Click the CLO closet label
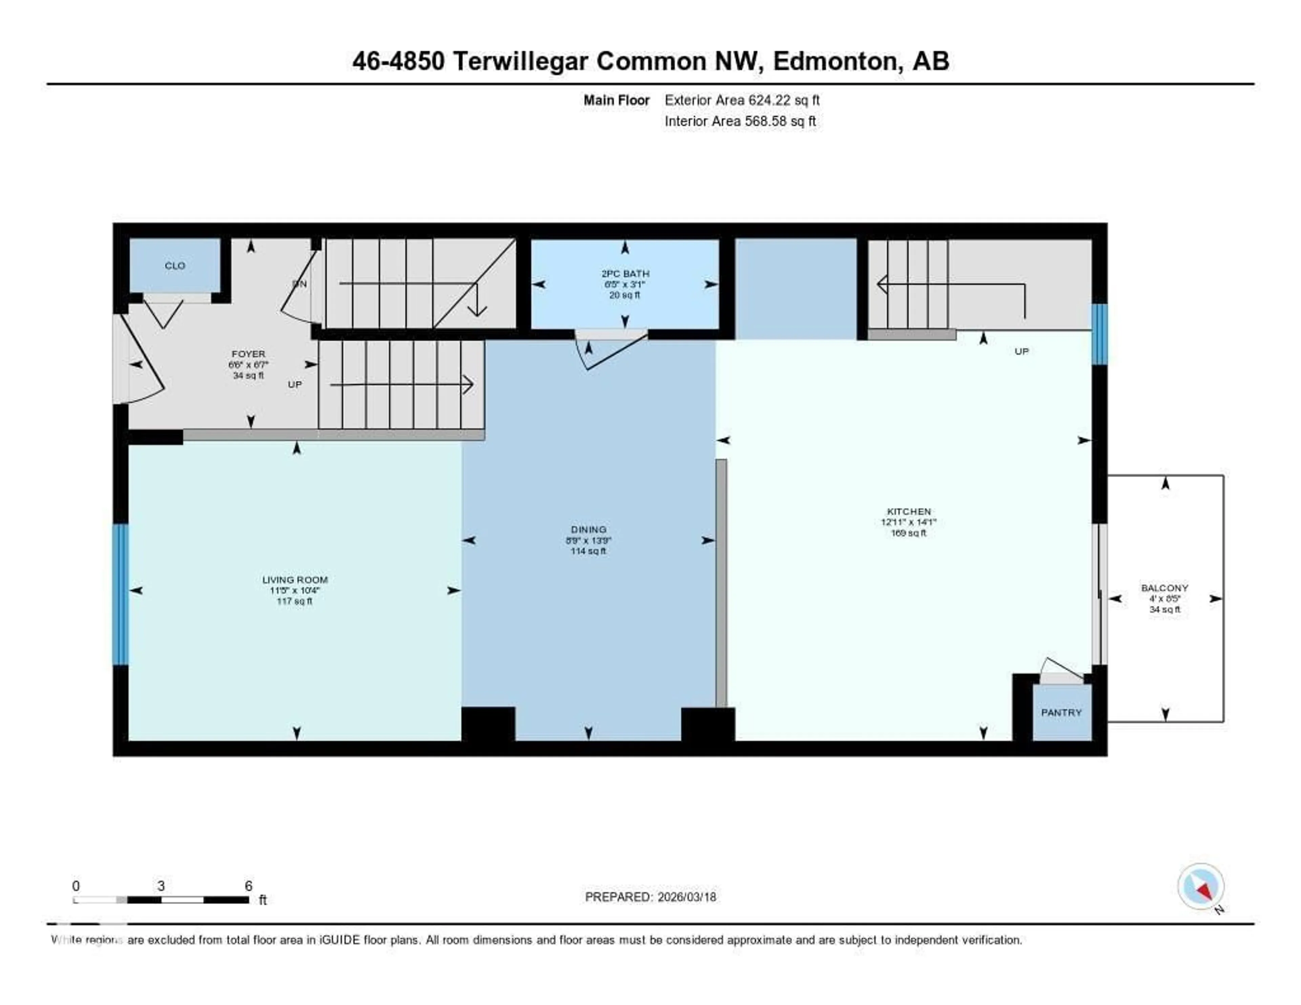tap(174, 266)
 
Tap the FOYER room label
tap(248, 354)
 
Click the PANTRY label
tap(1061, 713)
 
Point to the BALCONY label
tap(1164, 588)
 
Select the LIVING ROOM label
tap(295, 580)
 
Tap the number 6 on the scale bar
tap(248, 886)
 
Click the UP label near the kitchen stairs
tap(1021, 351)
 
